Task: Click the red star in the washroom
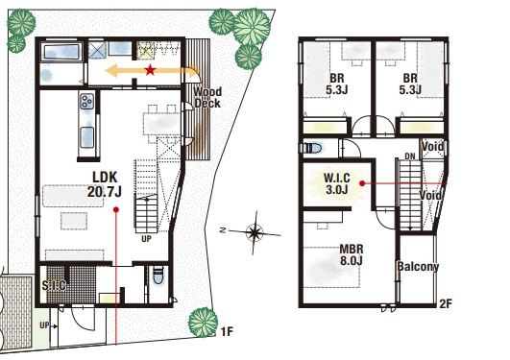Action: (x=150, y=69)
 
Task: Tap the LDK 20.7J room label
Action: (x=105, y=184)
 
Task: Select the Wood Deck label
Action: (x=207, y=98)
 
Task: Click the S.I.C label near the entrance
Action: (x=54, y=285)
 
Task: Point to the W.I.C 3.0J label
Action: (x=337, y=183)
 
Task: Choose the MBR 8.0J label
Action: (x=352, y=255)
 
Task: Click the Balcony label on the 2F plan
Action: (x=418, y=267)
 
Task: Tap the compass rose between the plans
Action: (x=254, y=232)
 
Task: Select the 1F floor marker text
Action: (x=227, y=332)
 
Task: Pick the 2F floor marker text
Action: (x=446, y=303)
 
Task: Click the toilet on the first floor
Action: (x=158, y=276)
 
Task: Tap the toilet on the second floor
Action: (x=313, y=148)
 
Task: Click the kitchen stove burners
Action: (x=87, y=101)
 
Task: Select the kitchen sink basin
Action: (x=87, y=137)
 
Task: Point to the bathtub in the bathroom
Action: (x=61, y=52)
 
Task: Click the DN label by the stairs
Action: (x=410, y=156)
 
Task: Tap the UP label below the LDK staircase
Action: (x=146, y=239)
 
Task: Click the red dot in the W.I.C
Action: (x=362, y=183)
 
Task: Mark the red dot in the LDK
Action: (x=116, y=209)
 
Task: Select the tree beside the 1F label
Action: (x=204, y=323)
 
